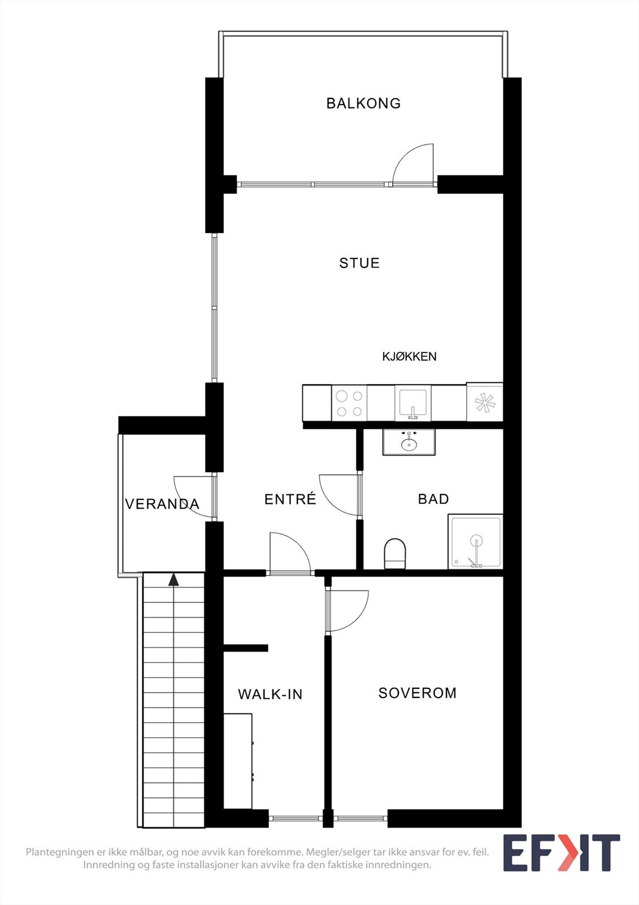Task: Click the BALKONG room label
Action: tap(363, 104)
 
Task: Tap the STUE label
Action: tap(359, 263)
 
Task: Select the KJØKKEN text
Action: tap(409, 356)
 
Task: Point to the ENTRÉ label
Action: tap(290, 499)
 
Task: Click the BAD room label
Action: tap(433, 499)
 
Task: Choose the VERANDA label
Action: tap(162, 504)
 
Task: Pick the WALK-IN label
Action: tap(270, 694)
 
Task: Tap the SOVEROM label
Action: tap(418, 693)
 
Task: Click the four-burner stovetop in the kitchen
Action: tap(349, 403)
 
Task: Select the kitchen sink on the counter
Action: tap(413, 403)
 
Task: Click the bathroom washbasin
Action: tap(409, 442)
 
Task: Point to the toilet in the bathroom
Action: tap(395, 553)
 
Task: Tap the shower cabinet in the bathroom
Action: tap(476, 541)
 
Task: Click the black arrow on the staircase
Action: tap(173, 580)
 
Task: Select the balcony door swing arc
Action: tap(412, 165)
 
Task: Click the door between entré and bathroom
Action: tap(339, 495)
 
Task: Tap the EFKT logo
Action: tap(561, 852)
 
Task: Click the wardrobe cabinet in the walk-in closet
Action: tap(238, 761)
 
